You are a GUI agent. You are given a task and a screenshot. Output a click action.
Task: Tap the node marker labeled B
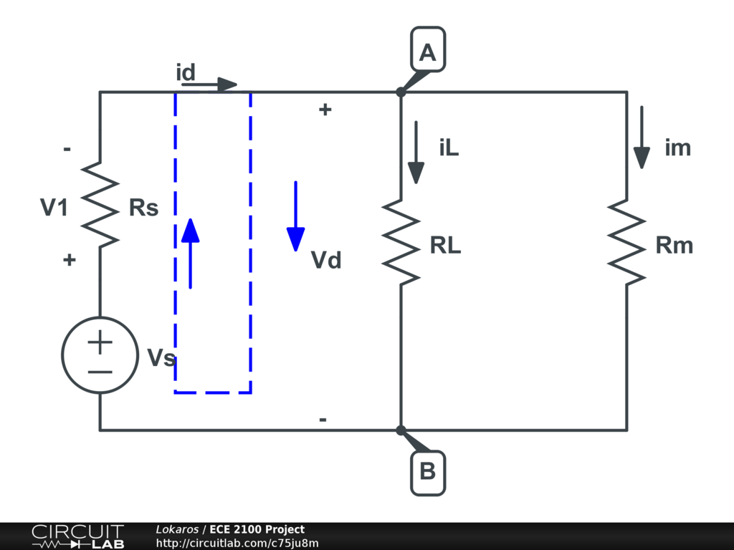click(x=428, y=473)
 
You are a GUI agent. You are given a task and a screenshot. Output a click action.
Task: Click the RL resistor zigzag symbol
click(x=401, y=242)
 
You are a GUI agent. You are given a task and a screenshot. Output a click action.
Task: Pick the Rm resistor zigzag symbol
click(x=627, y=242)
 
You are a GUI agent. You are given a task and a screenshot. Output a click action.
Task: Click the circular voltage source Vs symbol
click(x=100, y=355)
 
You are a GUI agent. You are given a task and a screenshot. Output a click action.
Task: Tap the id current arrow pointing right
click(x=209, y=85)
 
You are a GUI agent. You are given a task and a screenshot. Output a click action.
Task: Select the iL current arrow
click(x=416, y=152)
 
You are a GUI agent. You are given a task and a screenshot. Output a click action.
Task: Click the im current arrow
click(x=642, y=137)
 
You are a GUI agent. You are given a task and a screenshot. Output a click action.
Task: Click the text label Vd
click(x=326, y=260)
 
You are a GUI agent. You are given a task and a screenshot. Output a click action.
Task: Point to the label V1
click(x=54, y=208)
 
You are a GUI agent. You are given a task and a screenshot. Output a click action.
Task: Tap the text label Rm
click(x=675, y=246)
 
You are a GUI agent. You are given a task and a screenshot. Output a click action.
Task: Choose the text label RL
click(x=446, y=246)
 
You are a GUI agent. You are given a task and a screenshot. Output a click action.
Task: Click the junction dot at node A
click(x=401, y=92)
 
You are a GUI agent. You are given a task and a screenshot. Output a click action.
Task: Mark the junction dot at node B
click(x=401, y=430)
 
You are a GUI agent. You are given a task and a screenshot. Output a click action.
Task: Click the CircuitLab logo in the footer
click(x=77, y=536)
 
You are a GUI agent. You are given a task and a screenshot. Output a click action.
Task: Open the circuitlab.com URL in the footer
click(x=237, y=544)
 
